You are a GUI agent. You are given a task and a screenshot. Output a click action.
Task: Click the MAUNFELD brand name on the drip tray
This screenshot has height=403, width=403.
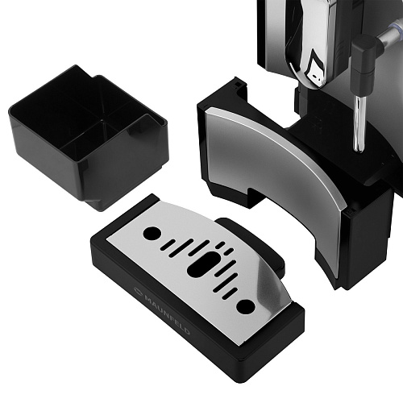[x=168, y=314]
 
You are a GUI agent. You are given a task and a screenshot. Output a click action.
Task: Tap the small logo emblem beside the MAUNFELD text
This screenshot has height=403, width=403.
[x=138, y=290]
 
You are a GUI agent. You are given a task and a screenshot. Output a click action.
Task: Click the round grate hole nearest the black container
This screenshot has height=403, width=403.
[x=152, y=233]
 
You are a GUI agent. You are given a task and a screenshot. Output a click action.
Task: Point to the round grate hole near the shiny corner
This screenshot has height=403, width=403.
[x=246, y=306]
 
